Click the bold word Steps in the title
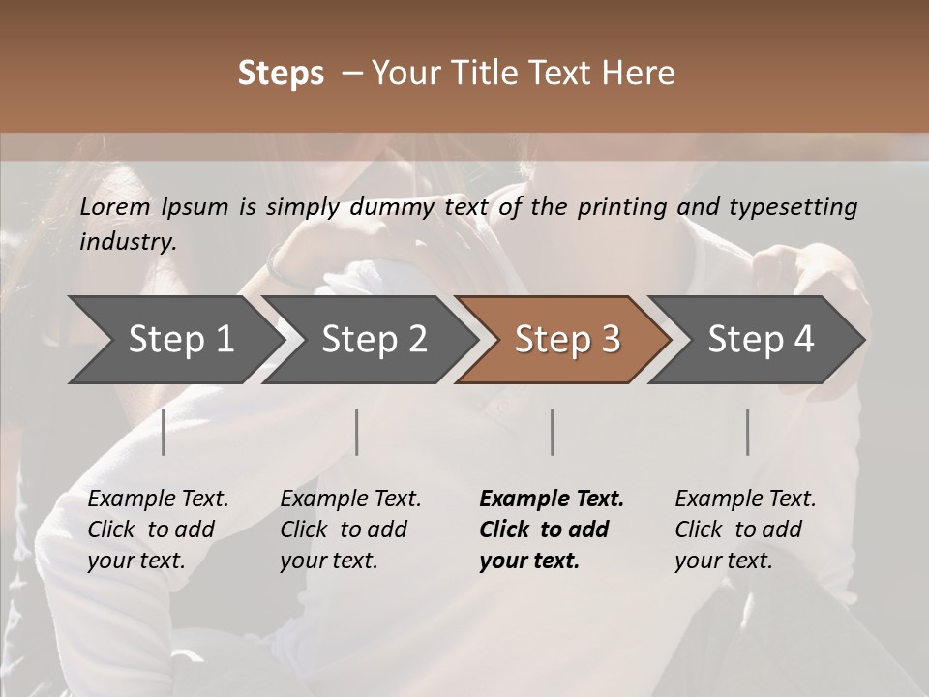tap(281, 74)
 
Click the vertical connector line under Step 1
tap(164, 432)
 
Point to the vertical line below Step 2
tap(357, 432)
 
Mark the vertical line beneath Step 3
tap(552, 432)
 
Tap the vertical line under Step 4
tap(747, 432)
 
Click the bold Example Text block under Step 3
tap(552, 530)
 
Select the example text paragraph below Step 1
tap(158, 530)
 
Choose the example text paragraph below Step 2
tap(350, 530)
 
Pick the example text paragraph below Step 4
tap(745, 530)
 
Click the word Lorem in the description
tap(115, 207)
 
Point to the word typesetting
tap(794, 207)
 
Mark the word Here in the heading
tap(642, 74)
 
